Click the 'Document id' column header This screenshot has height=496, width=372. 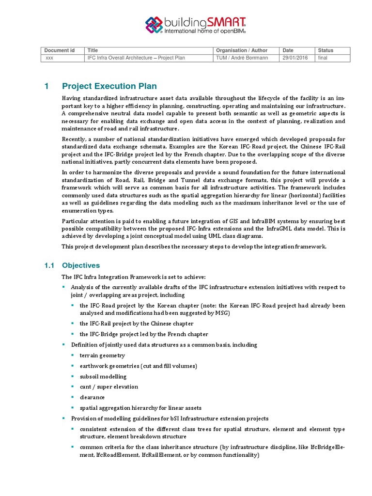click(x=60, y=50)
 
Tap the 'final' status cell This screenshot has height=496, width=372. click(x=323, y=58)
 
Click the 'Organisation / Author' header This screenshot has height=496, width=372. click(x=241, y=50)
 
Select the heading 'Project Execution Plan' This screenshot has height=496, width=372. click(x=109, y=86)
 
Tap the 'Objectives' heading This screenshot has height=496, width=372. click(x=81, y=265)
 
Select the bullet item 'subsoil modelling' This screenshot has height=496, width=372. click(x=103, y=376)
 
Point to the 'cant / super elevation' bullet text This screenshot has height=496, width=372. click(x=109, y=387)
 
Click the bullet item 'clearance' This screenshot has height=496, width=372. click(x=92, y=397)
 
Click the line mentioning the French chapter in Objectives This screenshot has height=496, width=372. click(x=144, y=334)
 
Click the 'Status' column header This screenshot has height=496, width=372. click(x=325, y=50)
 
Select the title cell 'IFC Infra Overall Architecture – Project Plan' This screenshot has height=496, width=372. click(x=136, y=58)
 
